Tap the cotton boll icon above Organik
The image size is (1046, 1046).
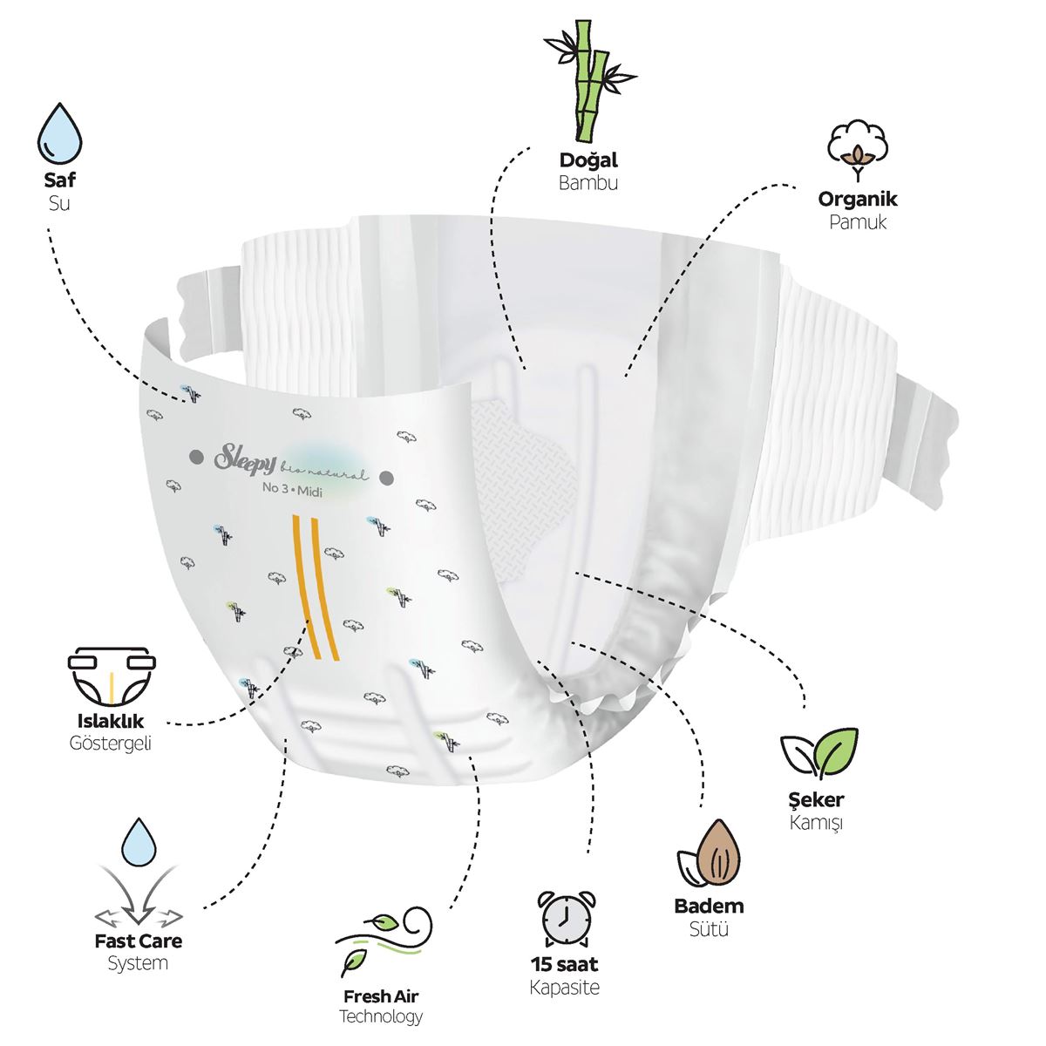[857, 149]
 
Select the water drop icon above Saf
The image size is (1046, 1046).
[60, 133]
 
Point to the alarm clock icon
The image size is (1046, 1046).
[566, 917]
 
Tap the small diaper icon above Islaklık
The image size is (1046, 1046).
[112, 676]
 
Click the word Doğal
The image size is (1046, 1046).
[588, 160]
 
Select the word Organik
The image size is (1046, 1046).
[858, 200]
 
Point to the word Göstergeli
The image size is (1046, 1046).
[110, 744]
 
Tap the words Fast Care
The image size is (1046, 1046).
[139, 941]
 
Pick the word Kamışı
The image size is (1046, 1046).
[817, 823]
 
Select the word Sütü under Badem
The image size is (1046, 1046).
[709, 929]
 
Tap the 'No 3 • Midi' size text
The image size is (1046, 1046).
[292, 490]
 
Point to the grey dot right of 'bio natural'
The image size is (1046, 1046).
[386, 479]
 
